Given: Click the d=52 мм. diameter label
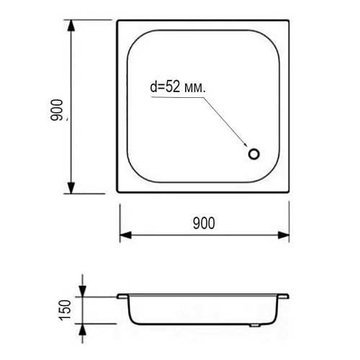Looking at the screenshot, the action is [178, 86].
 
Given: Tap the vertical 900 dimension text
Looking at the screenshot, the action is [57, 109].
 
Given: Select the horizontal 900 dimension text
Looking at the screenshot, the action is [204, 223].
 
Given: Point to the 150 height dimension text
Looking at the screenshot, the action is [66, 310].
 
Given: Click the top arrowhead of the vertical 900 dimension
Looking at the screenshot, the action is [71, 25].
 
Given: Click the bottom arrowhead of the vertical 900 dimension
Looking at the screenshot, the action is [71, 188].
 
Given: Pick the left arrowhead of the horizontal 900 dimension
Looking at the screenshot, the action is [125, 235].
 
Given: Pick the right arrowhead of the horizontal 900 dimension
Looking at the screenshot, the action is [284, 235].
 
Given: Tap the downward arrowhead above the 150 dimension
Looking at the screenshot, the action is [82, 291].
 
